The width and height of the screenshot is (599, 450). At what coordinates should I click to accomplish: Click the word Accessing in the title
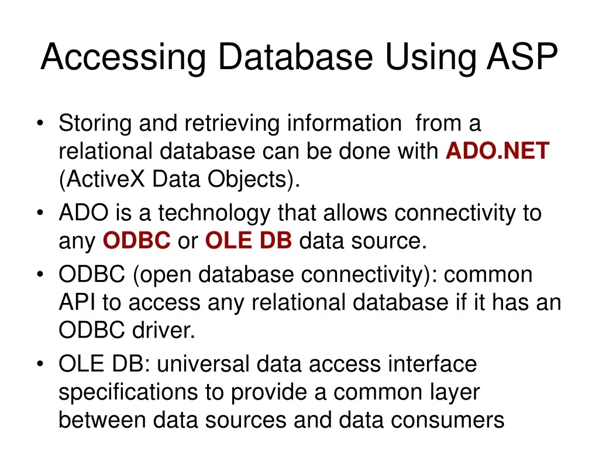(123, 58)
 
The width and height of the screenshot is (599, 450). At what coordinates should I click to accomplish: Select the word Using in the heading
(430, 58)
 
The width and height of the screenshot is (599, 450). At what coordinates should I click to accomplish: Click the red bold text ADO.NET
(497, 151)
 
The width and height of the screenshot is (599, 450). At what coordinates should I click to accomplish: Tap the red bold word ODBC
(136, 241)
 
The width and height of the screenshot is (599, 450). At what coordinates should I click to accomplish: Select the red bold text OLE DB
(248, 241)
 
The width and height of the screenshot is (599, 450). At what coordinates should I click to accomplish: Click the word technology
(214, 214)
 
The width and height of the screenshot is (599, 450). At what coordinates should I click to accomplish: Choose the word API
(77, 302)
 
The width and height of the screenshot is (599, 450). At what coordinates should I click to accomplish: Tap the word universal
(203, 363)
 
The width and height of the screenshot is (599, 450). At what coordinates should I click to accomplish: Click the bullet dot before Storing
(40, 124)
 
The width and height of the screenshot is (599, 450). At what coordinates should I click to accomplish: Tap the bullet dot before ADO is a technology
(40, 213)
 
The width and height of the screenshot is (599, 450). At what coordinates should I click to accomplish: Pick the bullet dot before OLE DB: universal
(40, 364)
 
